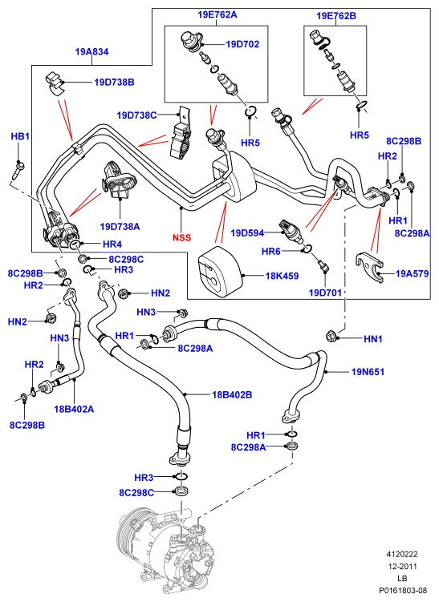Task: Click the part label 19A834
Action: click(x=91, y=51)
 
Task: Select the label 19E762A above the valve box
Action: click(x=217, y=14)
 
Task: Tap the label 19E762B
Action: click(x=336, y=16)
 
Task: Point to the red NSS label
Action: click(x=181, y=237)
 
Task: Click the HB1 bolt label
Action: click(x=20, y=136)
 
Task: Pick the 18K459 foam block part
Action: click(x=220, y=272)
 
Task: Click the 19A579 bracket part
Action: click(x=370, y=267)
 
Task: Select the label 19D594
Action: click(x=247, y=232)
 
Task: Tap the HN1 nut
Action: click(x=331, y=335)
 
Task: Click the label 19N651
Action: click(x=368, y=372)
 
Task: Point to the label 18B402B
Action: click(x=232, y=394)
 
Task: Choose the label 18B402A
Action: click(x=74, y=409)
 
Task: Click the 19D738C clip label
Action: click(x=137, y=115)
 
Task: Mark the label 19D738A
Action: click(x=120, y=227)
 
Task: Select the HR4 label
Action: click(x=112, y=244)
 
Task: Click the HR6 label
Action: click(x=271, y=251)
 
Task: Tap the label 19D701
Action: click(x=325, y=293)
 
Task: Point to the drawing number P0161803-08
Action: click(x=403, y=590)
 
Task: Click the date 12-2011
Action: click(x=402, y=566)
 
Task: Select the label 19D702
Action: click(x=242, y=44)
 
